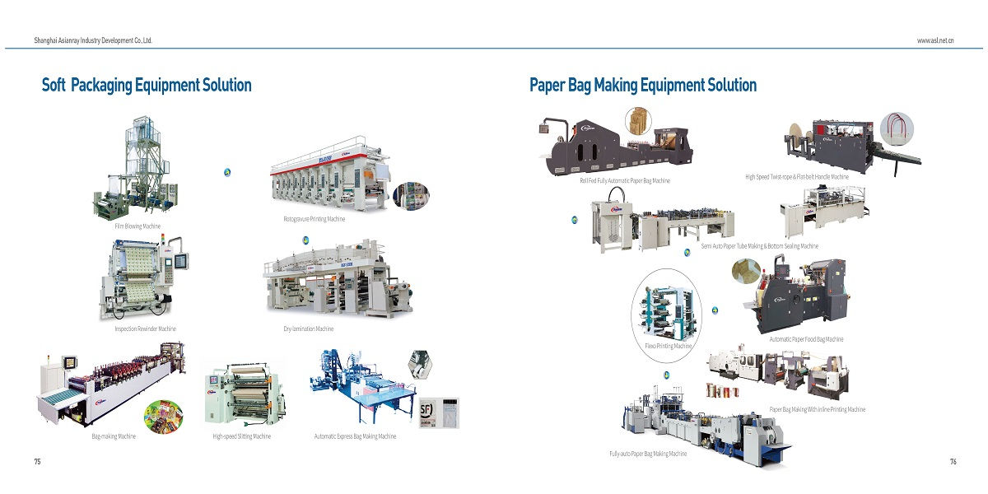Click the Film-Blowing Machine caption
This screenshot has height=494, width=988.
(138, 226)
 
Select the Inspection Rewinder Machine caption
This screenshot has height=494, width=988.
(145, 329)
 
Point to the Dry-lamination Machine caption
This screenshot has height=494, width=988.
(308, 329)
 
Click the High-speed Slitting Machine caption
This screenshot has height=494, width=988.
(241, 436)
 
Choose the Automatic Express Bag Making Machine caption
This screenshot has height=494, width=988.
(355, 436)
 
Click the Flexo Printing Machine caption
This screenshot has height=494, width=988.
(668, 347)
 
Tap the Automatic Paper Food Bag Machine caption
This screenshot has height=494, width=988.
(806, 339)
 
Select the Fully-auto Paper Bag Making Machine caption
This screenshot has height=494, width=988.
(648, 454)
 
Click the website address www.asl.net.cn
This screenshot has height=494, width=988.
(935, 40)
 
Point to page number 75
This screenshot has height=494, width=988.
(37, 462)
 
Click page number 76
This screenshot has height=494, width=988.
(953, 462)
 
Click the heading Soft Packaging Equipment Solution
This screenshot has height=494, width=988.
(147, 85)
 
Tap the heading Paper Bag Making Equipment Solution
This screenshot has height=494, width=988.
(643, 85)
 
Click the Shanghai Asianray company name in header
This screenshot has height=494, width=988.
(93, 40)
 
